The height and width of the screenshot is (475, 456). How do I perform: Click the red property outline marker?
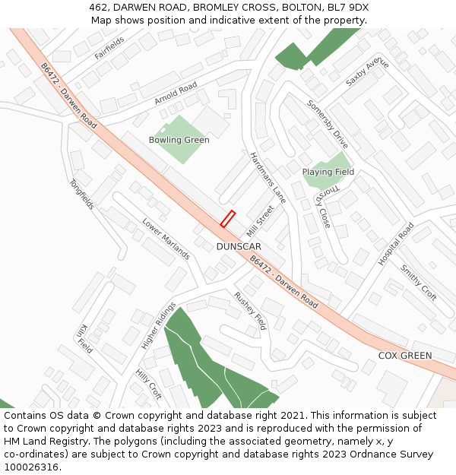pos(227,219)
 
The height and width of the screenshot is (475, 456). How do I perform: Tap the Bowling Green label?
pos(179,140)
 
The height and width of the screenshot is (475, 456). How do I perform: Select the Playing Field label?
pos(328,172)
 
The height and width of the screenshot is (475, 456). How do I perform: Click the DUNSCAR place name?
pos(239,247)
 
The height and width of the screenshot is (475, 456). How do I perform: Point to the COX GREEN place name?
pos(405,356)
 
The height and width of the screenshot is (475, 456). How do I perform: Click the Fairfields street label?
pos(109,48)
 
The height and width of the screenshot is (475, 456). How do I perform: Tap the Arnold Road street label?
pos(176,93)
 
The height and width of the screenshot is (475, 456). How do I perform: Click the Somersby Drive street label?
pos(328,124)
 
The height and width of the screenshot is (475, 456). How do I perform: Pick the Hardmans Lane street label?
pos(268,178)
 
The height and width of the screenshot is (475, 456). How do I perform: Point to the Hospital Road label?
pos(396,243)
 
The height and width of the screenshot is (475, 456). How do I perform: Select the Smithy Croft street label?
pos(419,283)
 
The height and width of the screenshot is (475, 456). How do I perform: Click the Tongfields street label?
pos(81,195)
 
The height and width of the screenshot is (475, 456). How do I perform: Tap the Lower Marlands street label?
pos(166,239)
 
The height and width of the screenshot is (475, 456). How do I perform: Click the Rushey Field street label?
pos(250,311)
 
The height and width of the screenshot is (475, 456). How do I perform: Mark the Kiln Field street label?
pos(84,339)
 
